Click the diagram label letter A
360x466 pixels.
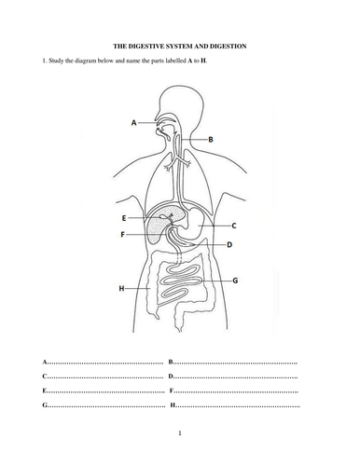pyautogui.click(x=134, y=122)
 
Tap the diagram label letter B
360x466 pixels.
pyautogui.click(x=211, y=139)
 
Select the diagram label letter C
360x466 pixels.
pyautogui.click(x=233, y=226)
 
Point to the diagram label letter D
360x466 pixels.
pyautogui.click(x=230, y=245)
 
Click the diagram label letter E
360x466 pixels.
pyautogui.click(x=124, y=217)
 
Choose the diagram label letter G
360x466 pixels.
pyautogui.click(x=235, y=280)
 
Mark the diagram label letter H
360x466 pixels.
pyautogui.click(x=121, y=289)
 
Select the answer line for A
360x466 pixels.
pyautogui.click(x=106, y=360)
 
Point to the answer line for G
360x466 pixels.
pyautogui.click(x=106, y=406)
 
